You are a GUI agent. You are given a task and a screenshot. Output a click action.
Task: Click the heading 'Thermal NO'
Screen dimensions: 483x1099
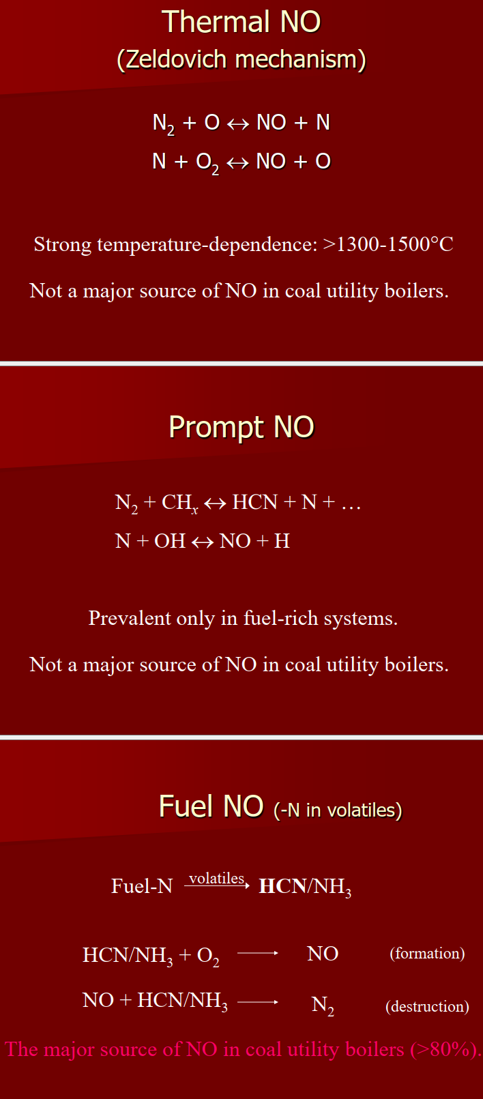click(241, 22)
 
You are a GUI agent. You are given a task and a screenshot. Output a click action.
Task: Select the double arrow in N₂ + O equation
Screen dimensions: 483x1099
click(238, 123)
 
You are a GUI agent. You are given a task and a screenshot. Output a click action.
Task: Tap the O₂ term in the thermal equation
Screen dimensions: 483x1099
click(207, 163)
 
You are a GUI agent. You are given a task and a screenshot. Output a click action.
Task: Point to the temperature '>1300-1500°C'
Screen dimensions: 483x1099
click(388, 244)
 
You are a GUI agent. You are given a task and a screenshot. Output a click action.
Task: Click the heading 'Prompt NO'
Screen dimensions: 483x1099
click(241, 428)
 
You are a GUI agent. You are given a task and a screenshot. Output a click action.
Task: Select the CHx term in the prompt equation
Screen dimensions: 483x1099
click(179, 503)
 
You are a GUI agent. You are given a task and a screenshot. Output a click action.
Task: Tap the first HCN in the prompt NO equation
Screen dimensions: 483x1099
click(254, 502)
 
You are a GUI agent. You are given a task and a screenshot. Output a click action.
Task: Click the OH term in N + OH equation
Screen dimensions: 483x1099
click(170, 541)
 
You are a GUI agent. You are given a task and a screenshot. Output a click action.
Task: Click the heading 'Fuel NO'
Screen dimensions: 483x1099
click(211, 806)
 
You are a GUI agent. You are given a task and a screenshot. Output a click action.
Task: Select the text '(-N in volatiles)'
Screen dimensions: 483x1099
click(338, 810)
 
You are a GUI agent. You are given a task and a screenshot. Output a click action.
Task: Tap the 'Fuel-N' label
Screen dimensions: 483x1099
click(142, 886)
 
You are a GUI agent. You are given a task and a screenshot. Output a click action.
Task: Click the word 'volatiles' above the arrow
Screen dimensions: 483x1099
click(216, 878)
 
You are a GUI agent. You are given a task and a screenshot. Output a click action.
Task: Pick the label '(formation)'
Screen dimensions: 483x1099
click(427, 953)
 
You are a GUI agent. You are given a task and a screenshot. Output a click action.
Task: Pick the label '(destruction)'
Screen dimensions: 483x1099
click(427, 1006)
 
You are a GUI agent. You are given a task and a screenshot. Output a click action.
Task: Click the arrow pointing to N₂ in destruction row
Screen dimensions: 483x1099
click(258, 1002)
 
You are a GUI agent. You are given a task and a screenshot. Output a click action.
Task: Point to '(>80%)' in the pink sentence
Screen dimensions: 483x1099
click(443, 1049)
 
